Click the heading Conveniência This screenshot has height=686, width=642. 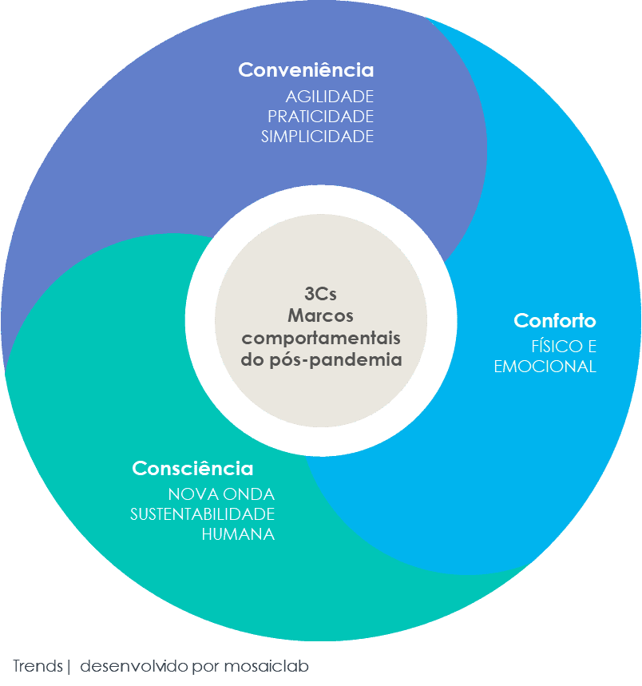click(x=306, y=70)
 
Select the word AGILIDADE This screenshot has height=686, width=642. click(x=330, y=97)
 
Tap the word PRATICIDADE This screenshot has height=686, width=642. click(x=320, y=117)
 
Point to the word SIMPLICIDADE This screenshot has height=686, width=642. click(x=317, y=137)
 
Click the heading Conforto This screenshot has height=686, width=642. click(x=555, y=321)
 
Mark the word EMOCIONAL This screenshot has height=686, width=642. click(x=545, y=367)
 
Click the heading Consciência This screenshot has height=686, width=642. click(x=192, y=468)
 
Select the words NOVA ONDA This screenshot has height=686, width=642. click(x=221, y=494)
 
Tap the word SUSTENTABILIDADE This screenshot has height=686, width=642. click(x=203, y=514)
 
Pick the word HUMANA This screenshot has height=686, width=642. click(x=238, y=534)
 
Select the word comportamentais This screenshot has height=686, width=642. click(x=321, y=337)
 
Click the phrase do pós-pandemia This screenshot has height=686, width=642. click(x=321, y=359)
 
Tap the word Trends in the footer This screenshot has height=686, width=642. click(x=38, y=666)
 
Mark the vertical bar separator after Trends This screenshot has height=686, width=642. click(x=69, y=666)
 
